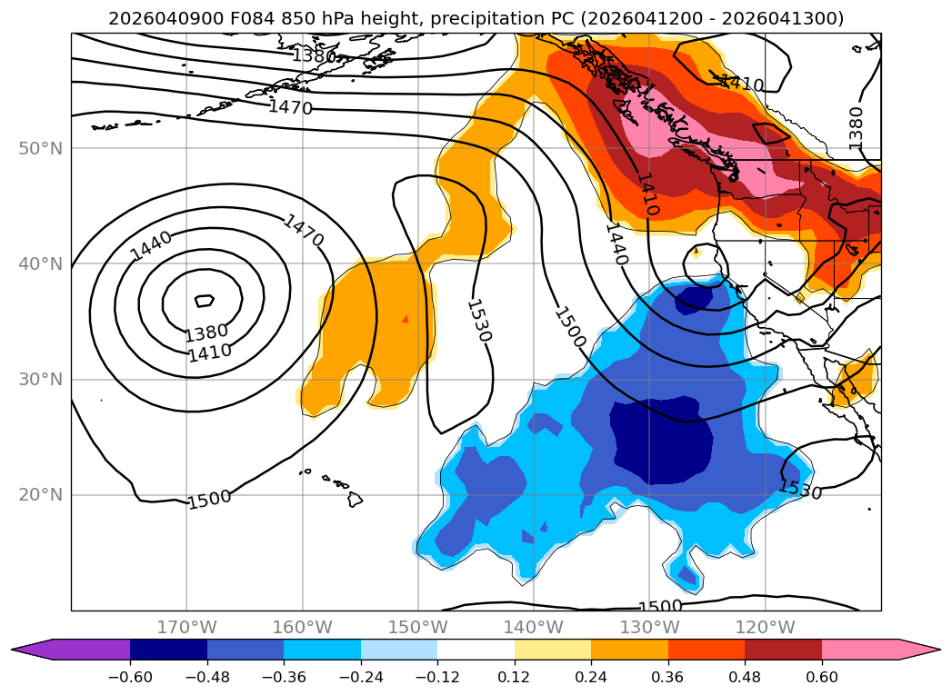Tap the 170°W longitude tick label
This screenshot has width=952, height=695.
pyautogui.click(x=186, y=627)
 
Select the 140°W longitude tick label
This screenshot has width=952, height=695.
pyautogui.click(x=534, y=627)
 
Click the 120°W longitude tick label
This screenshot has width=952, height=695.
pyautogui.click(x=766, y=627)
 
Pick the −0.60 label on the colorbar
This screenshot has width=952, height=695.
pyautogui.click(x=130, y=676)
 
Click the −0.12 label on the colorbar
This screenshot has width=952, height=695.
pyautogui.click(x=437, y=676)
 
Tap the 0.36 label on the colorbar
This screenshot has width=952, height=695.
pyautogui.click(x=668, y=676)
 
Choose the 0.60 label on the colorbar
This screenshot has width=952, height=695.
pyautogui.click(x=822, y=676)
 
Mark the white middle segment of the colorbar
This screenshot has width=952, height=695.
pyautogui.click(x=476, y=649)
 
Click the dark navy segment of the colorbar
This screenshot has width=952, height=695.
pyautogui.click(x=168, y=649)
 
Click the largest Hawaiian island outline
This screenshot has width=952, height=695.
pyautogui.click(x=354, y=499)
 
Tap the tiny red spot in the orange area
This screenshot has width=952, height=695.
pyautogui.click(x=405, y=319)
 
